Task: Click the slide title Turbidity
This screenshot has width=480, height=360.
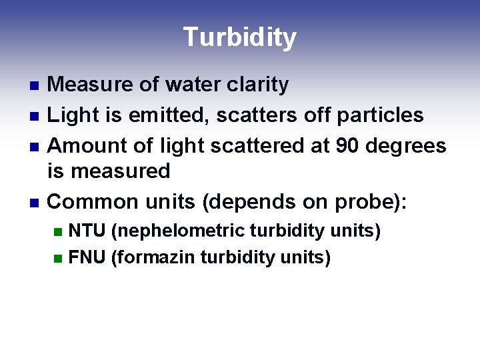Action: [x=239, y=37]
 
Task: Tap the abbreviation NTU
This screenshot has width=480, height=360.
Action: [x=87, y=231]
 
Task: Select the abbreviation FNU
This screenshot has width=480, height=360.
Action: [x=87, y=257]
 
